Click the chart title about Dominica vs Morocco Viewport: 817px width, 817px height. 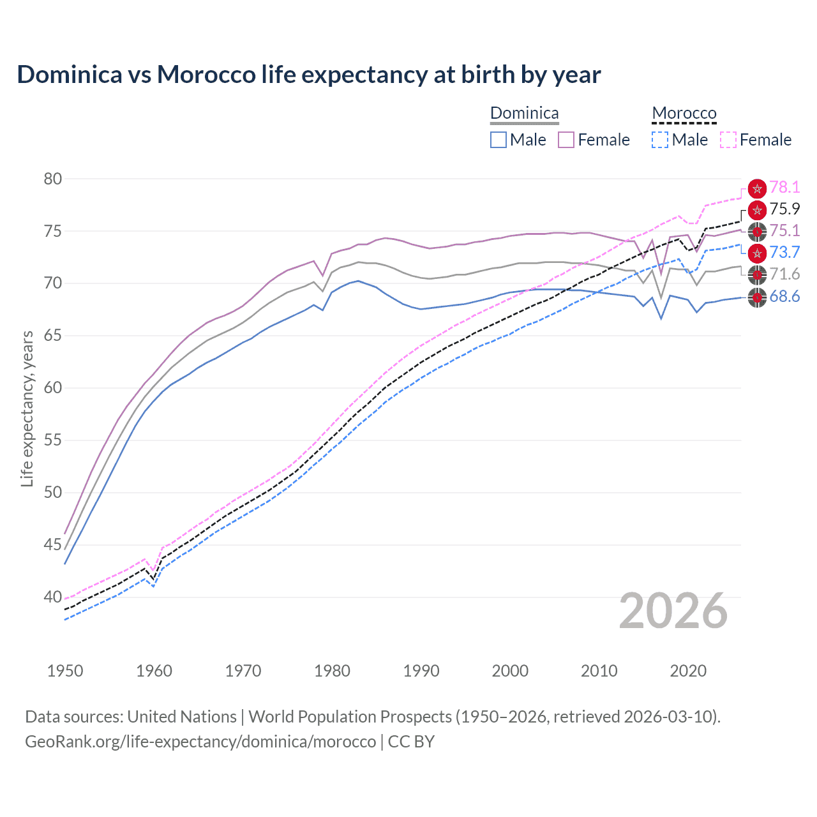click(x=309, y=75)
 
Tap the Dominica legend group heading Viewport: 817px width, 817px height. click(x=524, y=113)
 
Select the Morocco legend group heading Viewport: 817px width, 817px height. click(x=684, y=113)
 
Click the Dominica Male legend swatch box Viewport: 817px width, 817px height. click(x=498, y=140)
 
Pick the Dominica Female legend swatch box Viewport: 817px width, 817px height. click(x=566, y=140)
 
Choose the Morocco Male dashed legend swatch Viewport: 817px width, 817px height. click(x=660, y=140)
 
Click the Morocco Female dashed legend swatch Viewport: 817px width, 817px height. click(x=728, y=140)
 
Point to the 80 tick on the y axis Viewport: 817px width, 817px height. click(x=53, y=179)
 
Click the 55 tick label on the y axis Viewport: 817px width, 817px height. click(x=53, y=440)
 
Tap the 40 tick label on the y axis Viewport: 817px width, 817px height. click(x=53, y=597)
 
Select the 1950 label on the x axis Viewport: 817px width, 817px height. click(x=65, y=671)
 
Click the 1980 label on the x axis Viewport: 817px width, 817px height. click(x=332, y=671)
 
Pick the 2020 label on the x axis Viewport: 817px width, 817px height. click(x=687, y=671)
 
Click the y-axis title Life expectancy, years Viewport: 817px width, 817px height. click(x=27, y=408)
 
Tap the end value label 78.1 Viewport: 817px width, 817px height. click(x=784, y=188)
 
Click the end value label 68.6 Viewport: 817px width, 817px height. click(x=784, y=296)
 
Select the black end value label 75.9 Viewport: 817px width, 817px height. click(x=784, y=209)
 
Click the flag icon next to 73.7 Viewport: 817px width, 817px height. click(x=757, y=253)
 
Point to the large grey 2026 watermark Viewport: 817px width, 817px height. click(x=673, y=611)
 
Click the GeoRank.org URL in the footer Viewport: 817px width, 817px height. click(x=200, y=742)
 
